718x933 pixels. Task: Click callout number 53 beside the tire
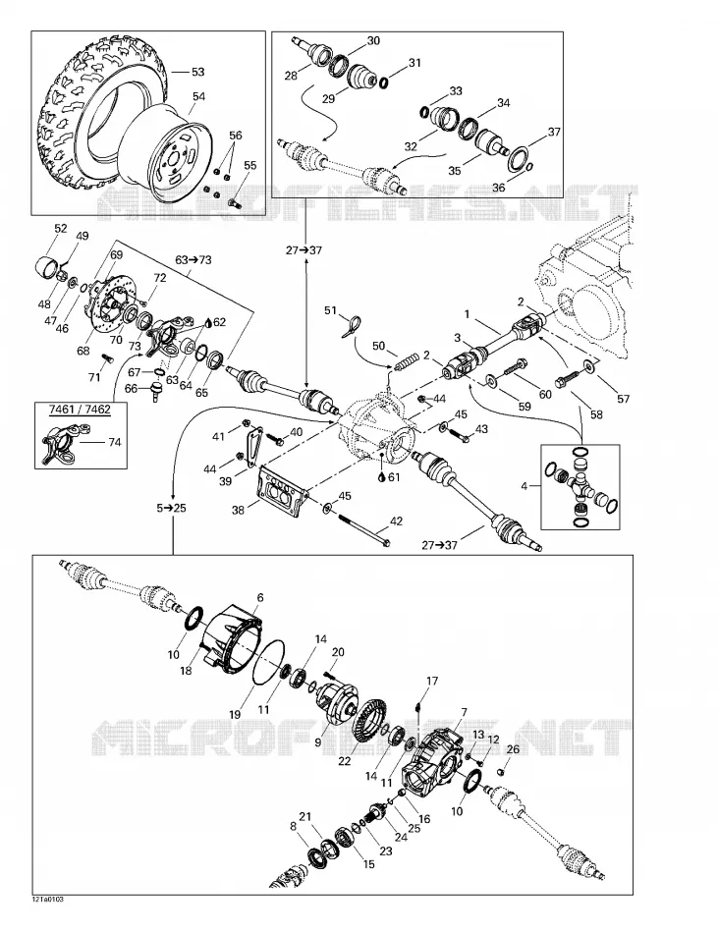coord(197,72)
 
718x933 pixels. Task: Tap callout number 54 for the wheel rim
coord(198,97)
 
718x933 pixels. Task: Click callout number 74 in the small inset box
coord(114,442)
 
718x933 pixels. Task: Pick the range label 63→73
coord(193,260)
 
